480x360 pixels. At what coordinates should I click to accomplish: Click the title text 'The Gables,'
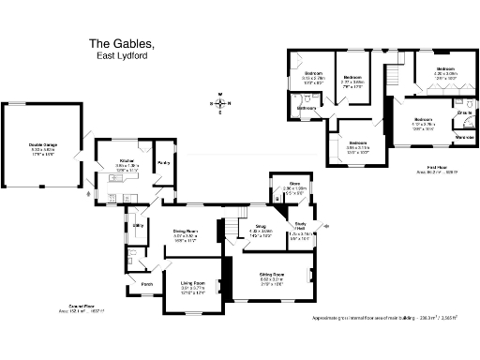coord(127,43)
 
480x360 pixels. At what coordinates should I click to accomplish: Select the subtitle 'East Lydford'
coord(127,56)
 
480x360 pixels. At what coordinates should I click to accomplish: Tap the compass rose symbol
coord(221,104)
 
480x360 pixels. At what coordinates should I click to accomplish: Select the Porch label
coord(146,284)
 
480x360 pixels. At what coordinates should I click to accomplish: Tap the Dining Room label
coord(184,230)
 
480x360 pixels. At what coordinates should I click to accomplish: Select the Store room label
coord(293,185)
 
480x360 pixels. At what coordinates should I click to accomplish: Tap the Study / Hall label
coord(301,225)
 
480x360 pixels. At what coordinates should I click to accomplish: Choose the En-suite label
coord(463,113)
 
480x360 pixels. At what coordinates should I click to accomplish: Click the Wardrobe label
coord(463,138)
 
